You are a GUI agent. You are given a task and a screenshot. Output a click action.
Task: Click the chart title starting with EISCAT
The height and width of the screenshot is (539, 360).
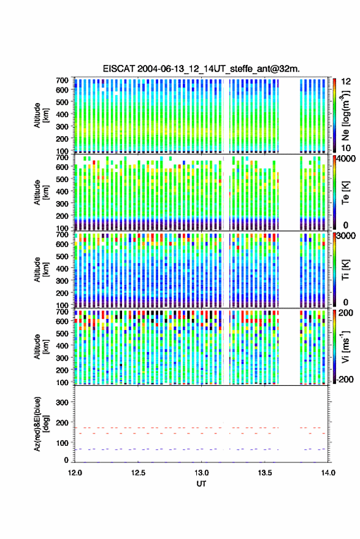[x=201, y=69]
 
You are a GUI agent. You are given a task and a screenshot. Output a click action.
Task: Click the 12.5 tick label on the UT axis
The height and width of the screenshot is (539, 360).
[x=138, y=473]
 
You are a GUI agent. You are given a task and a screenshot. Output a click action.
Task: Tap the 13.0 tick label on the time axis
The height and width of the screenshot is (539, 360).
[x=201, y=473]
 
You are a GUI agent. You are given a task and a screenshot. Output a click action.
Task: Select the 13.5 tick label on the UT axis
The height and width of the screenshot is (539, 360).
[x=265, y=473]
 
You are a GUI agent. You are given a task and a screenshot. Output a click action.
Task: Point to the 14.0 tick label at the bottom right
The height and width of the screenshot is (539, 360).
[x=328, y=473]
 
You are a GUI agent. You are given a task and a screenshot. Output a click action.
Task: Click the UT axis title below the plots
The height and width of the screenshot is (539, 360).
[x=201, y=484]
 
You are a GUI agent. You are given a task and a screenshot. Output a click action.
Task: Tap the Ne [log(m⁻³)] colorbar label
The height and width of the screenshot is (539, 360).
[x=345, y=115]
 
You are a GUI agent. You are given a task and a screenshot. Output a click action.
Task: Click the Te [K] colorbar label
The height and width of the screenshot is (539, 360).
[x=345, y=193]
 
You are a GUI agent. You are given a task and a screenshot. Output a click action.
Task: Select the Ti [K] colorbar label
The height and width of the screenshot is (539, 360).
[x=345, y=270]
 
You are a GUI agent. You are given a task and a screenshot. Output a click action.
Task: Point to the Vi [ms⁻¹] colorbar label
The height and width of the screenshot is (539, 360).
[x=345, y=347]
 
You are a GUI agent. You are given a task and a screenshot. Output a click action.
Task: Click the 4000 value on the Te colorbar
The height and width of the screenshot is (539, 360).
[x=347, y=159]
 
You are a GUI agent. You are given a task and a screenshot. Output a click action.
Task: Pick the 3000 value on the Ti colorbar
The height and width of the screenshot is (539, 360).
[x=347, y=236]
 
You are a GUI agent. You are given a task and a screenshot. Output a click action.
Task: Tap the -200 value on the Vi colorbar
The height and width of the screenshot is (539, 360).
[x=345, y=380]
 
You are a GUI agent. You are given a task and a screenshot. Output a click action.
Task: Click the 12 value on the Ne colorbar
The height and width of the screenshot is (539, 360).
[x=346, y=82]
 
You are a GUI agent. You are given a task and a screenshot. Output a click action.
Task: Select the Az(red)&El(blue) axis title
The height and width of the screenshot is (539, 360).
[x=42, y=424]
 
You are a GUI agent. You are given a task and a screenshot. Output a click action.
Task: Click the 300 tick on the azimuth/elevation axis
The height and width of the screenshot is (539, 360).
[x=62, y=402]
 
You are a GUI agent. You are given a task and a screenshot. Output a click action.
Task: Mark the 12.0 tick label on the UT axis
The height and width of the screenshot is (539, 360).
[x=75, y=473]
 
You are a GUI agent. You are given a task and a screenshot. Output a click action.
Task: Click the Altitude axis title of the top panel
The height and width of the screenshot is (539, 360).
[x=42, y=115]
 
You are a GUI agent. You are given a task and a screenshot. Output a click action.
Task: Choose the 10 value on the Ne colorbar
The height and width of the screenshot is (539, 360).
[x=346, y=148]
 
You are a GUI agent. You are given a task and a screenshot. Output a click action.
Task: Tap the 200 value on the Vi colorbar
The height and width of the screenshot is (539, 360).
[x=345, y=313]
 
